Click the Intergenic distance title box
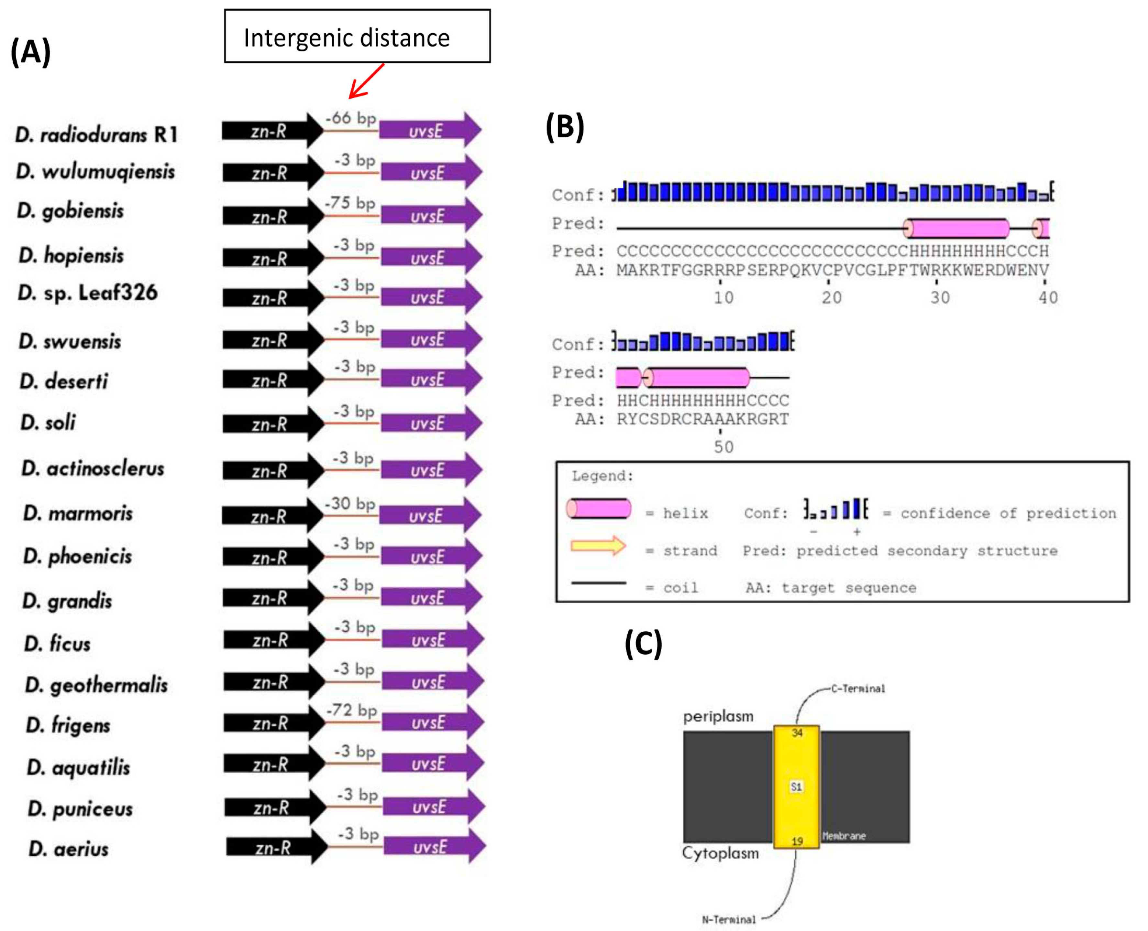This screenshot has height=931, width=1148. [x=357, y=37]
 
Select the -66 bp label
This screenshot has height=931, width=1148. [x=351, y=117]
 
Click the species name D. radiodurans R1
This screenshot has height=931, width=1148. [x=97, y=134]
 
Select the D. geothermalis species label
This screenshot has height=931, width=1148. [x=97, y=685]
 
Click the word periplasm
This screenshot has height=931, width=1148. [x=718, y=716]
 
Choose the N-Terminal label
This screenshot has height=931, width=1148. [x=729, y=919]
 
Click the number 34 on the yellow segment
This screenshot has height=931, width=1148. [x=797, y=733]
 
